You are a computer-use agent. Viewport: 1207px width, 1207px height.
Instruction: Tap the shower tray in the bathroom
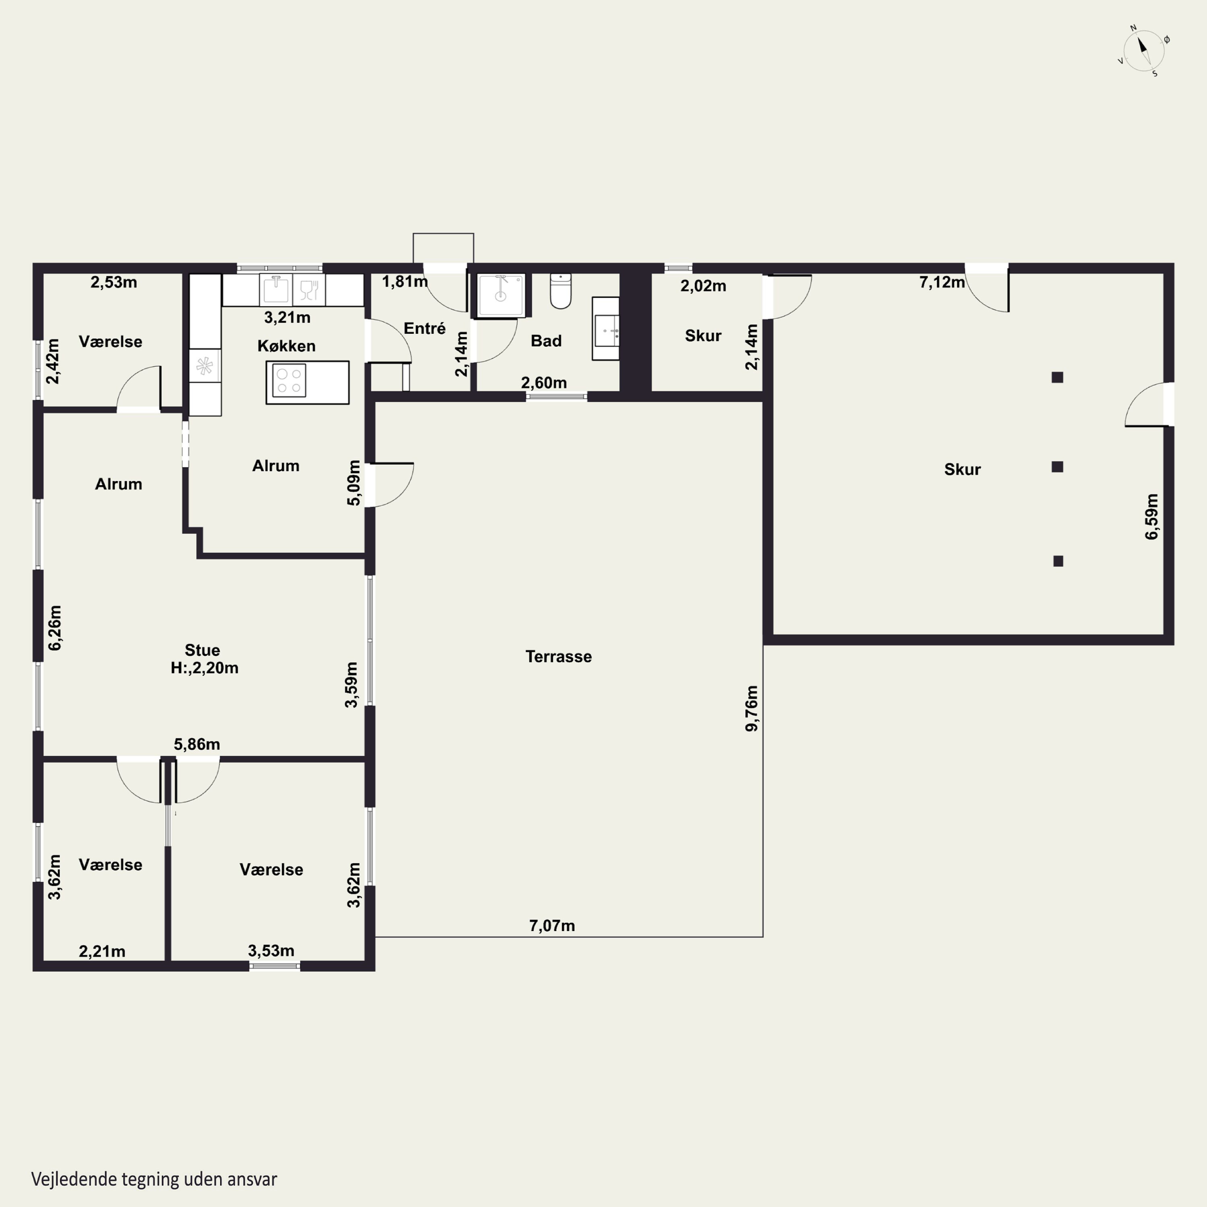(x=501, y=295)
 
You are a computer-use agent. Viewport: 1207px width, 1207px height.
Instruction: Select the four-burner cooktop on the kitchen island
(x=288, y=381)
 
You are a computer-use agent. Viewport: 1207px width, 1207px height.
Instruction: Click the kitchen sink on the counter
(x=276, y=290)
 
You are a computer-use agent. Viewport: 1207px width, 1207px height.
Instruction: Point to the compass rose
(x=1144, y=51)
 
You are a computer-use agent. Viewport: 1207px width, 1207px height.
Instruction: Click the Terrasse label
(x=558, y=657)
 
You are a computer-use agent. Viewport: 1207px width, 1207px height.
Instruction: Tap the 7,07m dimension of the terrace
(x=552, y=926)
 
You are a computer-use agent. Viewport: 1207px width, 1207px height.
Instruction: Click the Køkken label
(x=286, y=346)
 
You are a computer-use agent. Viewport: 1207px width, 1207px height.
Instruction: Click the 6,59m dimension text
(x=1151, y=517)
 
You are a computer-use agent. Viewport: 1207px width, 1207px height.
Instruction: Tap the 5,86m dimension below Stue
(x=197, y=744)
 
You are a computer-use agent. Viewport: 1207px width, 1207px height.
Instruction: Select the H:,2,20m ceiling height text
(x=204, y=668)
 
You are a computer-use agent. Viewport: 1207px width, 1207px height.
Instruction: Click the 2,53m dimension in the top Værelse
(x=114, y=282)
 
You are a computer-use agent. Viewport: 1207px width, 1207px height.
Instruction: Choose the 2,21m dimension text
(x=102, y=952)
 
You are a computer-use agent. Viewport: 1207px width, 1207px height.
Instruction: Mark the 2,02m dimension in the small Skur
(x=703, y=286)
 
